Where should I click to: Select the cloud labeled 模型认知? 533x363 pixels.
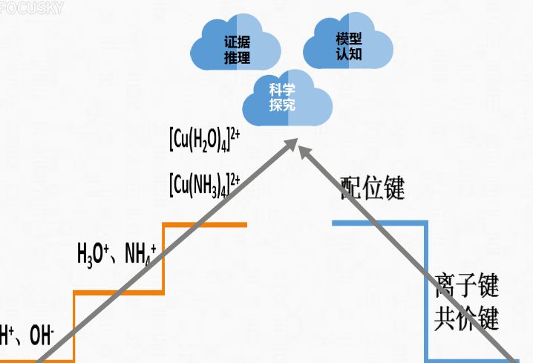click(348, 45)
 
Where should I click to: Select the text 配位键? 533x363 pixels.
click(373, 189)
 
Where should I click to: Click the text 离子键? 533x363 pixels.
click(466, 285)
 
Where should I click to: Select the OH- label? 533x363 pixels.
click(42, 336)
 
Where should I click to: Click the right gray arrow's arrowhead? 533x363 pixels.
click(305, 149)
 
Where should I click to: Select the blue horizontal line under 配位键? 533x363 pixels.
click(379, 222)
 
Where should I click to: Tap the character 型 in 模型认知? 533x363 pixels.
click(355, 38)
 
